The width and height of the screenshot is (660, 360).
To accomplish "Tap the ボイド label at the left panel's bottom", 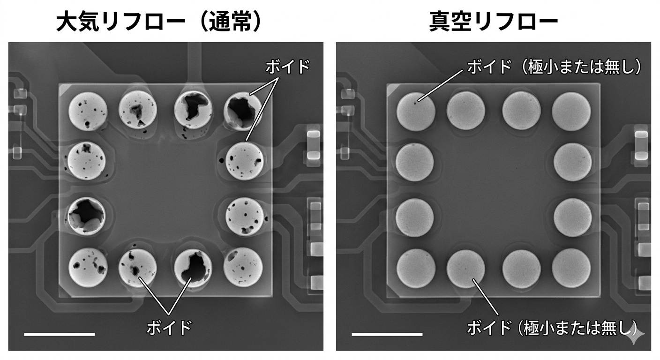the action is point(169,327).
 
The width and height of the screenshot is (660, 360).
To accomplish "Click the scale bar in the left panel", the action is point(59,334).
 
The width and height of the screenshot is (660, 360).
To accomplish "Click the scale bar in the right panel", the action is point(387,334).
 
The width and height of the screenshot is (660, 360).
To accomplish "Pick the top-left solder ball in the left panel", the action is point(88,112).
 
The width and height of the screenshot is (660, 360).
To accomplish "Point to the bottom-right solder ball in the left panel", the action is point(243,267).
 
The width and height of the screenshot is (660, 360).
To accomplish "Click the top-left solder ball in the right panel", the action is point(416,112).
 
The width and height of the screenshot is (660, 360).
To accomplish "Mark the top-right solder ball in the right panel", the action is point(571,112).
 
